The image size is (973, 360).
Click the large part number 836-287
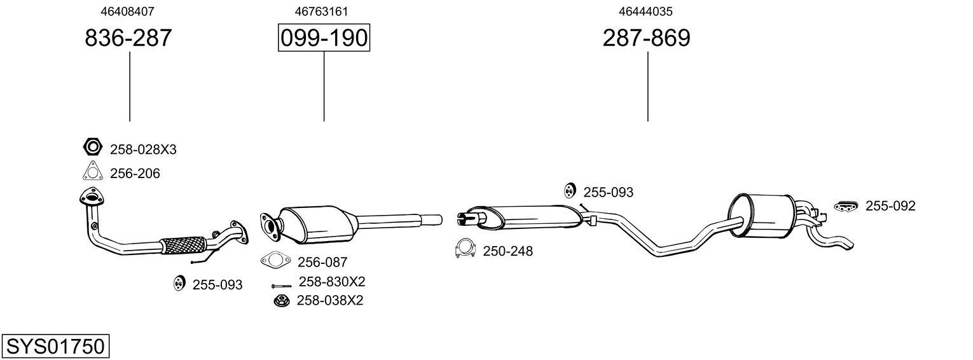[x=128, y=38]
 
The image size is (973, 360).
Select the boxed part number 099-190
[x=324, y=38]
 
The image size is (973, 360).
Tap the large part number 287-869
[x=646, y=38]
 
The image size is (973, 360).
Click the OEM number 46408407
[x=128, y=11]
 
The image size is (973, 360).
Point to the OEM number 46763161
[x=321, y=11]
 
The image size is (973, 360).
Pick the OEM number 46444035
[x=646, y=11]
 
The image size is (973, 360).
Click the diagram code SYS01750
[x=55, y=347]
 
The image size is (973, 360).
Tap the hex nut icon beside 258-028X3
[x=92, y=148]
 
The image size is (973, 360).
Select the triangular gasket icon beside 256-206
[x=92, y=172]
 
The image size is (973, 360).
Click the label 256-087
[x=322, y=262]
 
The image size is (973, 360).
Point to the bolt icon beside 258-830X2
[x=281, y=286]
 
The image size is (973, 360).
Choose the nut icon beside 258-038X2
[x=279, y=300]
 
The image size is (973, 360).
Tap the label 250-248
[x=507, y=251]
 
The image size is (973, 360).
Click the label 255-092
[x=890, y=206]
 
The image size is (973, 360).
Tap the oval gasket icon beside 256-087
[x=275, y=260]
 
